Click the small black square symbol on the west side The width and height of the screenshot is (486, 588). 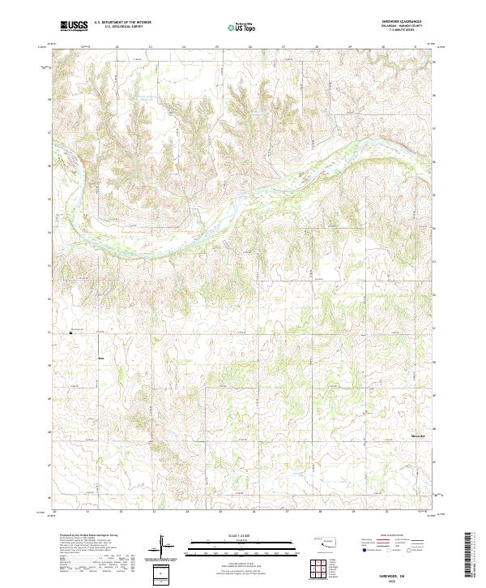point(71,332)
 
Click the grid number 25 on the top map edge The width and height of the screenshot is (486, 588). point(217,47)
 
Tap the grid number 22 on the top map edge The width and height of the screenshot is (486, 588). point(117,47)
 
